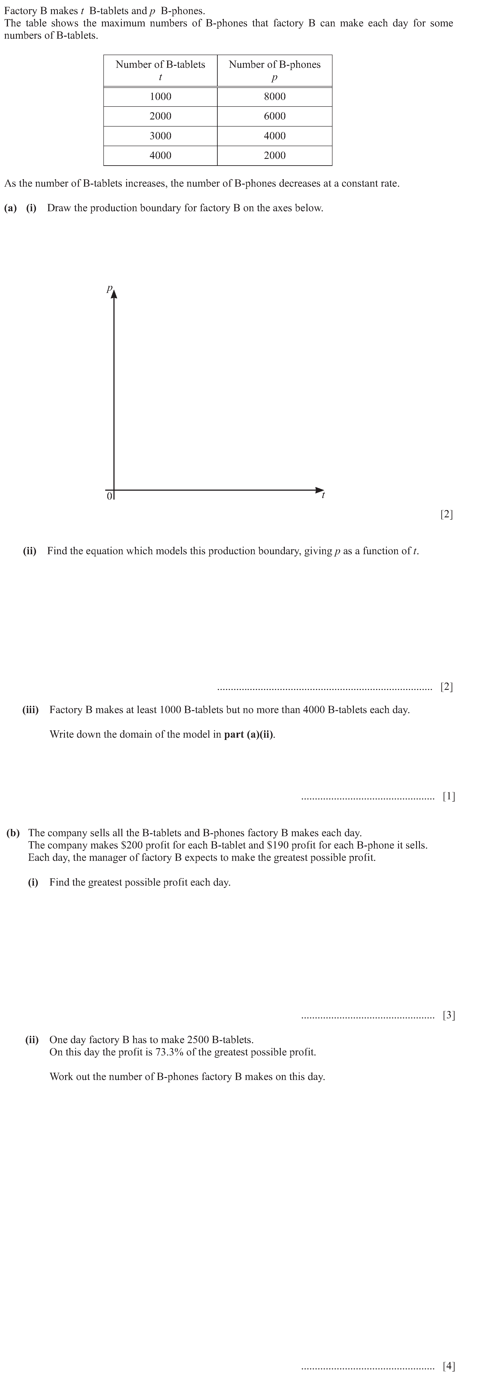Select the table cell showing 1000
click(x=160, y=97)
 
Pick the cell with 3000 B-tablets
click(x=160, y=136)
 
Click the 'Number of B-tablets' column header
click(x=160, y=70)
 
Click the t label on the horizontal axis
click(x=323, y=495)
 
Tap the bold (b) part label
click(x=13, y=833)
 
